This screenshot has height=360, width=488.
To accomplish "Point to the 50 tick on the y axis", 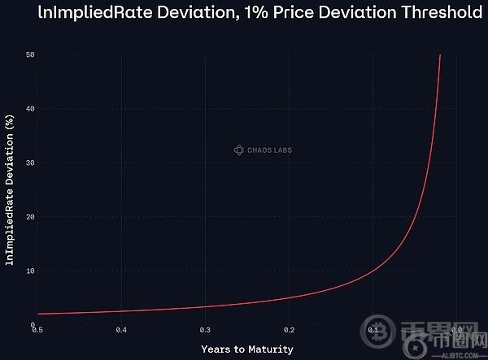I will tap(29, 54).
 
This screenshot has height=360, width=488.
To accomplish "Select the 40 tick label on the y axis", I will tap(29, 109).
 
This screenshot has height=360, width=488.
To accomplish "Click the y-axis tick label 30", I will tap(29, 163).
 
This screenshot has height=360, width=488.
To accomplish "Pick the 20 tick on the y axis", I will tap(29, 217).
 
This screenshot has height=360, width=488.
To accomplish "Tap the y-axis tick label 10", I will tap(29, 271).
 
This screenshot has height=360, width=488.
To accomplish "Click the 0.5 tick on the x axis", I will tap(37, 330).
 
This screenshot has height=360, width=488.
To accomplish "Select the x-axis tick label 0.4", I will tap(121, 330).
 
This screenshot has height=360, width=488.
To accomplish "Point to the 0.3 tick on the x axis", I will tap(205, 330).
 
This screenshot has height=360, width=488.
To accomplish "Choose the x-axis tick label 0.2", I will tap(289, 330).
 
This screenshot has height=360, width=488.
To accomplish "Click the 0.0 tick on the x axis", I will tap(456, 330).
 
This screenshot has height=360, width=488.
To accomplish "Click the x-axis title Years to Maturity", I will tap(246, 349).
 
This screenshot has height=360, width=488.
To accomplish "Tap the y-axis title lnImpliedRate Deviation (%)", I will tap(10, 189).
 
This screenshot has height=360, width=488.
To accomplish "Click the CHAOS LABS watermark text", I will tap(269, 150).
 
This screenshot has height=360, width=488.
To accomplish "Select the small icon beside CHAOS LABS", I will tap(239, 150).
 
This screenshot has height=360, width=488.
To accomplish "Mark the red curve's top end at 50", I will tap(440, 55).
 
